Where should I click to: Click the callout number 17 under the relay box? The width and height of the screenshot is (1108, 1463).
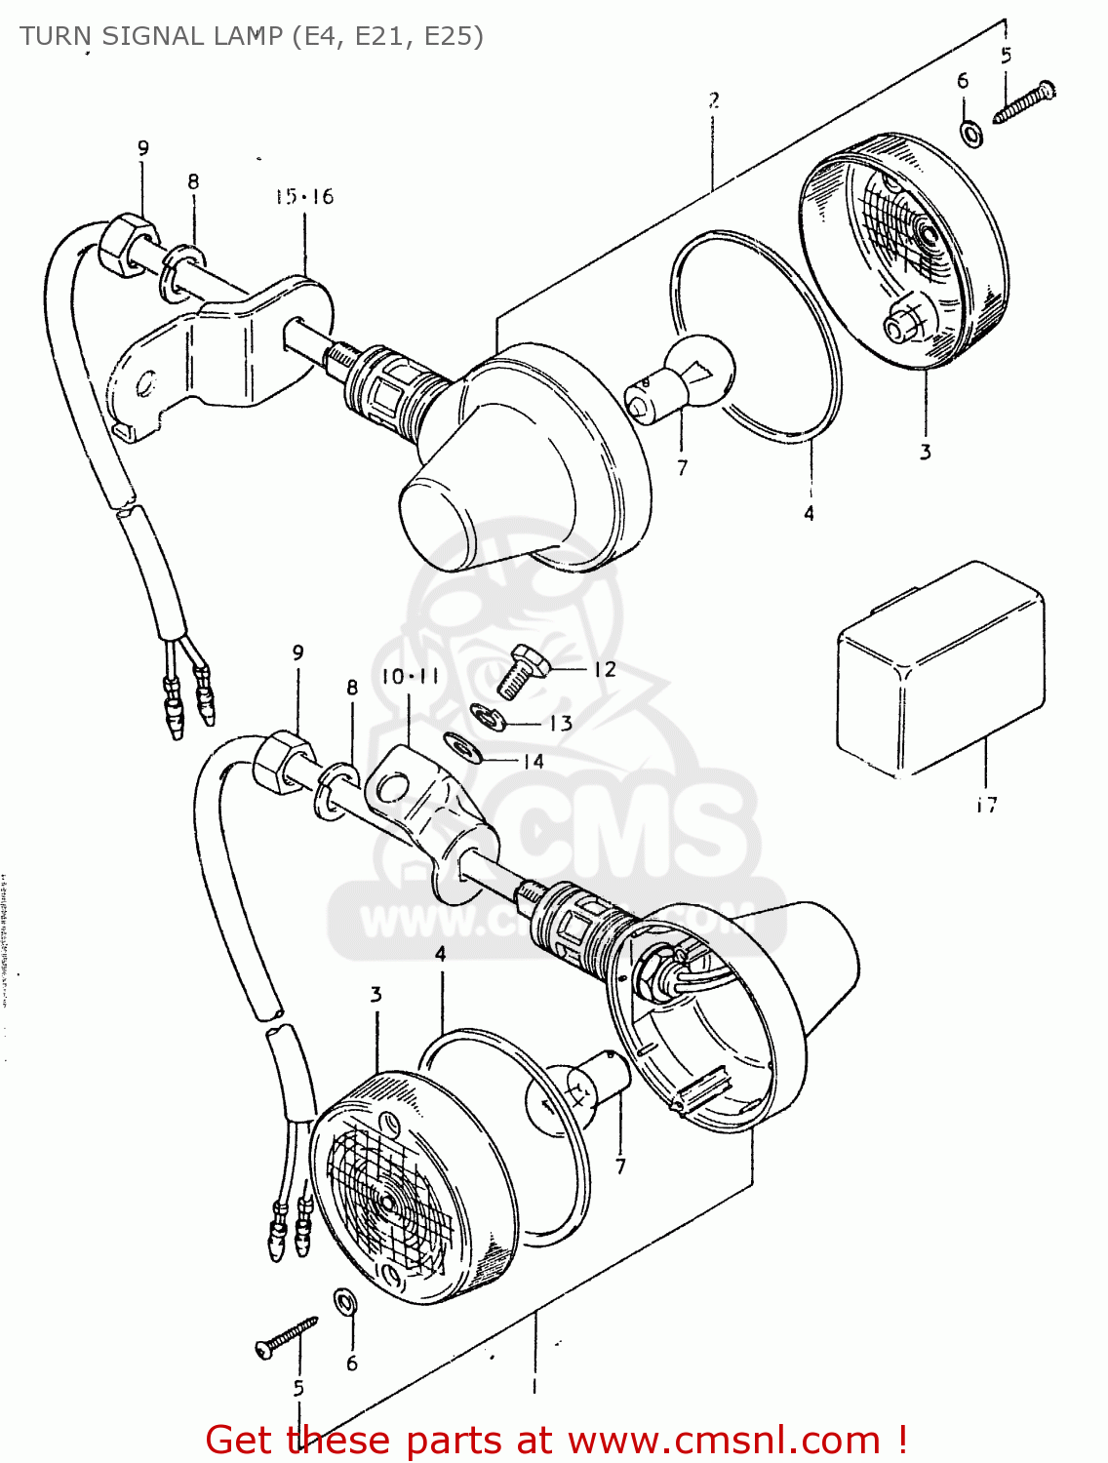pos(986,805)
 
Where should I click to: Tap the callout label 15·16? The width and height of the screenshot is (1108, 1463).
pos(303,197)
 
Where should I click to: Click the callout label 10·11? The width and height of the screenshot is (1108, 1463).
pos(410,676)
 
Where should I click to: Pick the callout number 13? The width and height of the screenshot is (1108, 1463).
pos(560,723)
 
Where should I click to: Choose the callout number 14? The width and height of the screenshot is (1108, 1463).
pos(533,761)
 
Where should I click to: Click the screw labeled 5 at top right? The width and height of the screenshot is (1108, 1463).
pos(1024,103)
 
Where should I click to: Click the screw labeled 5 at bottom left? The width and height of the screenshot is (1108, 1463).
pos(286,1335)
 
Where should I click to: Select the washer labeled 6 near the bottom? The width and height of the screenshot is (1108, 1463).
pos(344,1302)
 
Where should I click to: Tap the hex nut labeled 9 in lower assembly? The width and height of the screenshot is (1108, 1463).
pos(283,760)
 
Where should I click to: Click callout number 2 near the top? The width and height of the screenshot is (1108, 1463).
pos(714,99)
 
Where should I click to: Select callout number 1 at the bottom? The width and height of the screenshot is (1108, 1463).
pos(534,1385)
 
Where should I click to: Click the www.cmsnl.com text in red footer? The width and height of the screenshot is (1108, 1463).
pos(724,1440)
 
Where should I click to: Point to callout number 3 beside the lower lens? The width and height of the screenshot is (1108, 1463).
pos(376,995)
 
